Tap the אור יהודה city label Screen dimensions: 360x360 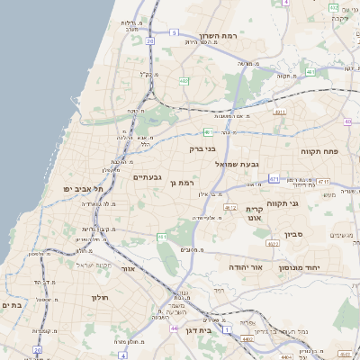pyautogui.click(x=244, y=267)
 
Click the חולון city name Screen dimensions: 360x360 pyautogui.click(x=99, y=298)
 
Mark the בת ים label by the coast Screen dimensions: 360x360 pyautogui.click(x=12, y=305)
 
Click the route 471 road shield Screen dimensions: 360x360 pyautogui.click(x=274, y=180)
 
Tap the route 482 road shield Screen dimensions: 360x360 pyautogui.click(x=184, y=81)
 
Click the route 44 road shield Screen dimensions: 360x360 pyautogui.click(x=173, y=328)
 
